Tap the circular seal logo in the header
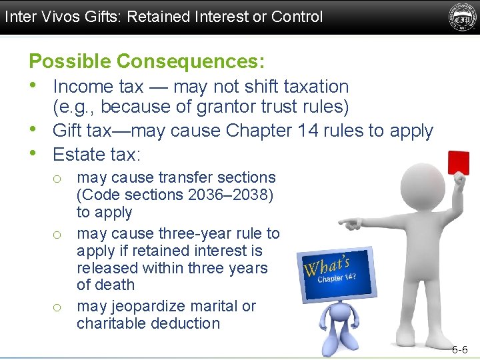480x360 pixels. [461, 17]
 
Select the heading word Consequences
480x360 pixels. [190, 61]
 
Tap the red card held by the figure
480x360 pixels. [459, 162]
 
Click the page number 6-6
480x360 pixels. [460, 349]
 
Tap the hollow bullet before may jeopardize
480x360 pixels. [58, 307]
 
